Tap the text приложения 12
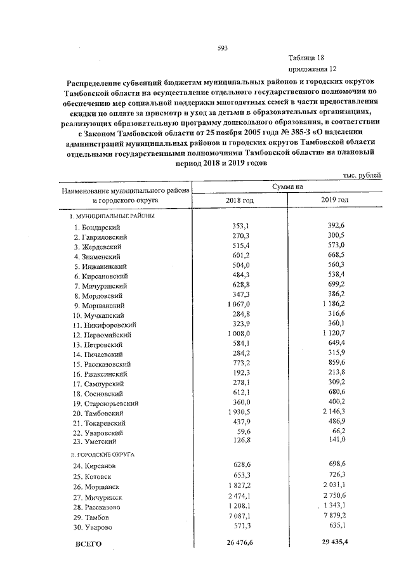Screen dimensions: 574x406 (311, 68)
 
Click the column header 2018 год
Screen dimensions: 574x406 (239, 200)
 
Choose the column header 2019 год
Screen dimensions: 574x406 (334, 200)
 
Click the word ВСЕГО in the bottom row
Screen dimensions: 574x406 (88, 544)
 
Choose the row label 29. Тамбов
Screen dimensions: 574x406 (91, 518)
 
